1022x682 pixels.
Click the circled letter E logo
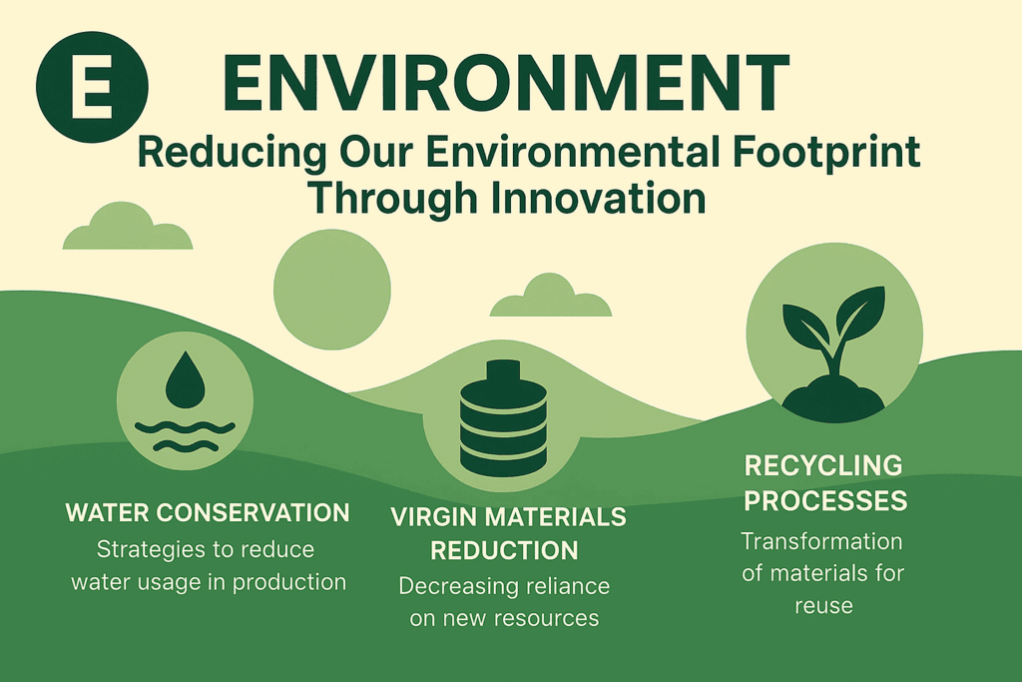(92, 87)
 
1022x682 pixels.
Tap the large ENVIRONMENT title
(506, 83)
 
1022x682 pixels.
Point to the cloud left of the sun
(128, 227)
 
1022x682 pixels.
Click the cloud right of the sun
(551, 296)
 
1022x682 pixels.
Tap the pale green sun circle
(331, 289)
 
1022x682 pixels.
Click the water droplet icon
(185, 379)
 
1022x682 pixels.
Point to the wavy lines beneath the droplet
(185, 436)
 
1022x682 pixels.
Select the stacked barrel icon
(503, 418)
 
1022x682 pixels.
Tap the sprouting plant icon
(834, 352)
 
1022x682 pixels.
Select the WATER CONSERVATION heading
(208, 513)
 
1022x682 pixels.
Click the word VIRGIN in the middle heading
(434, 517)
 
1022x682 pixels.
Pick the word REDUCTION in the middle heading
(504, 551)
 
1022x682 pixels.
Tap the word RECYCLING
(823, 465)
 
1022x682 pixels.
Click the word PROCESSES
(825, 500)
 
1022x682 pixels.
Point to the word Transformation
(822, 541)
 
